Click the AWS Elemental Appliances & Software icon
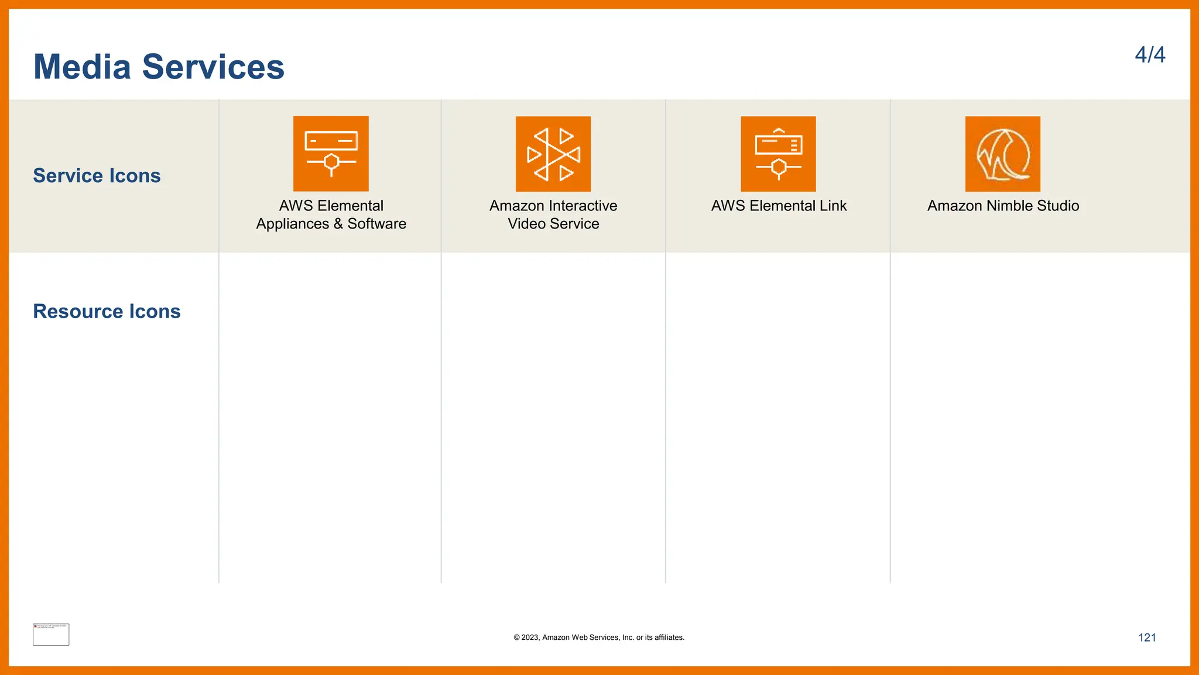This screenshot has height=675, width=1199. [x=331, y=154]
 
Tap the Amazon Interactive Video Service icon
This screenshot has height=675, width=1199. [x=553, y=154]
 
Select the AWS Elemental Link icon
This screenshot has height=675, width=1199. [x=778, y=154]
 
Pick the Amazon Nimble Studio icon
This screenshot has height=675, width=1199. [x=1003, y=154]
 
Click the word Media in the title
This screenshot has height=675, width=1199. [x=82, y=67]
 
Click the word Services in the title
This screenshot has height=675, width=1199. [x=213, y=67]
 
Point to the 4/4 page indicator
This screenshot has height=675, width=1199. [x=1150, y=55]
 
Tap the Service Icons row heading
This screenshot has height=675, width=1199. [x=97, y=176]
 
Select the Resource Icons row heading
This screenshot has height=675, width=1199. [x=107, y=311]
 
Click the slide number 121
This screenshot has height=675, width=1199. [x=1147, y=637]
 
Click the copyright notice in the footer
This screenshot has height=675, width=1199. [x=599, y=637]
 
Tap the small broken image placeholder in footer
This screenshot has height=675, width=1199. [x=51, y=635]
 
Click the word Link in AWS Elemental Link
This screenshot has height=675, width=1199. [x=833, y=206]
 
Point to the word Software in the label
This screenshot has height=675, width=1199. [x=376, y=224]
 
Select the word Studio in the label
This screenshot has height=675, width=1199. [x=1057, y=206]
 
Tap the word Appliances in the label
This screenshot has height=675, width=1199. [x=293, y=224]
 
